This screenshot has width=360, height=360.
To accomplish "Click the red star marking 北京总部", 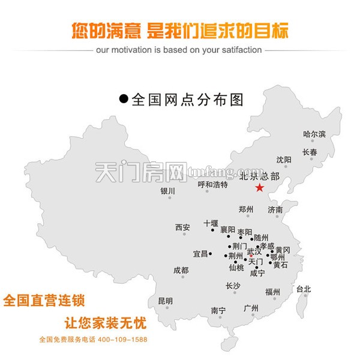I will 259,188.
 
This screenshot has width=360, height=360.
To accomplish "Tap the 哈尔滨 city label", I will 314,134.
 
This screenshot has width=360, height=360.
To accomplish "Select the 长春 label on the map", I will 310,152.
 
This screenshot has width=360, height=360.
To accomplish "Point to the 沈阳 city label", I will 284,160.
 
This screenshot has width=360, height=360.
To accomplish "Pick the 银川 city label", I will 167,191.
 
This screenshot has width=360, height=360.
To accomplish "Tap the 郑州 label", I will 246,209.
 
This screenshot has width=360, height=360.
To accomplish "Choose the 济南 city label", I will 275,210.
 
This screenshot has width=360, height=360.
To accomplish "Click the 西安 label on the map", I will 182,227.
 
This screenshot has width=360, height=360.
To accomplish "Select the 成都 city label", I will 181,271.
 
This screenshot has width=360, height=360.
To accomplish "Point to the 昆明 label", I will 165,301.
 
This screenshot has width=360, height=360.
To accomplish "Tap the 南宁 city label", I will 218,310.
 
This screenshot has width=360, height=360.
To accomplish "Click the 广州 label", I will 251,308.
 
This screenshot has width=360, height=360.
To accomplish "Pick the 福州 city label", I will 272,292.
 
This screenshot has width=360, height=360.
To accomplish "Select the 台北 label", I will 304,289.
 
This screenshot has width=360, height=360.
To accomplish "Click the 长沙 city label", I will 233,286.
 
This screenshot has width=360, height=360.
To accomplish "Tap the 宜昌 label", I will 200,254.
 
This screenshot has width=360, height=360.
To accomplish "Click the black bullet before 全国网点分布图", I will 124,99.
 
